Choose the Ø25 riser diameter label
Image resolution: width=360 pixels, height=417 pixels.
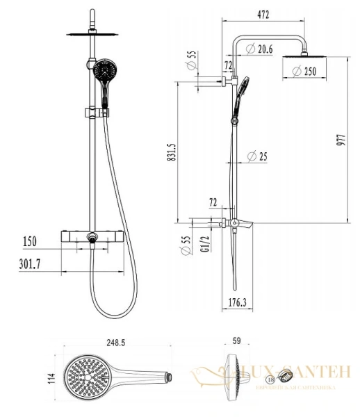[259, 156]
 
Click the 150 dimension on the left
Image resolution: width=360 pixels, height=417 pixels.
[28, 242]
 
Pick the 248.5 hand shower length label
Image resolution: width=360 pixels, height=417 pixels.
[116, 343]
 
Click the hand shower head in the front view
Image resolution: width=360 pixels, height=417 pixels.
[104, 70]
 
